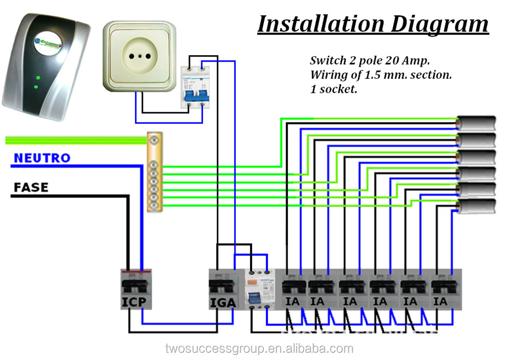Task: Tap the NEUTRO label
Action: [42, 158]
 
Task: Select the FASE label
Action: [31, 188]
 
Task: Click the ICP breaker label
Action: [134, 302]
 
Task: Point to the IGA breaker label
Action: [223, 302]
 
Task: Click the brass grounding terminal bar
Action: [154, 172]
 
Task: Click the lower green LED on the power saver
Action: [36, 86]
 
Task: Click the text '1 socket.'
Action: [335, 91]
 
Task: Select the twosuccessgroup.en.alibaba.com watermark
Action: [259, 348]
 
